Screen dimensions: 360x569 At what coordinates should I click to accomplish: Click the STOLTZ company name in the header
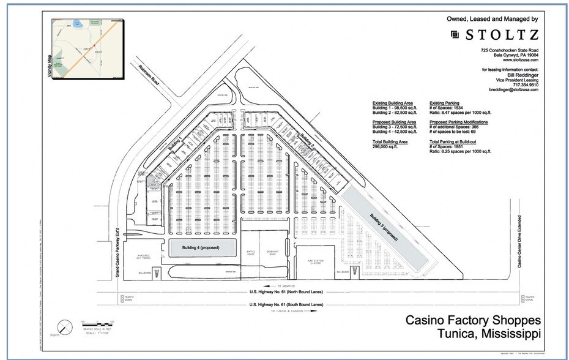point(500,35)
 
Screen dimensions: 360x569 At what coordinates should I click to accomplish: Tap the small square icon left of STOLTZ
point(455,35)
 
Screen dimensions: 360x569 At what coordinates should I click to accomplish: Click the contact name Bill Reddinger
point(517,75)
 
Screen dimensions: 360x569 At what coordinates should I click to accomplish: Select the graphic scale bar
point(95,323)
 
